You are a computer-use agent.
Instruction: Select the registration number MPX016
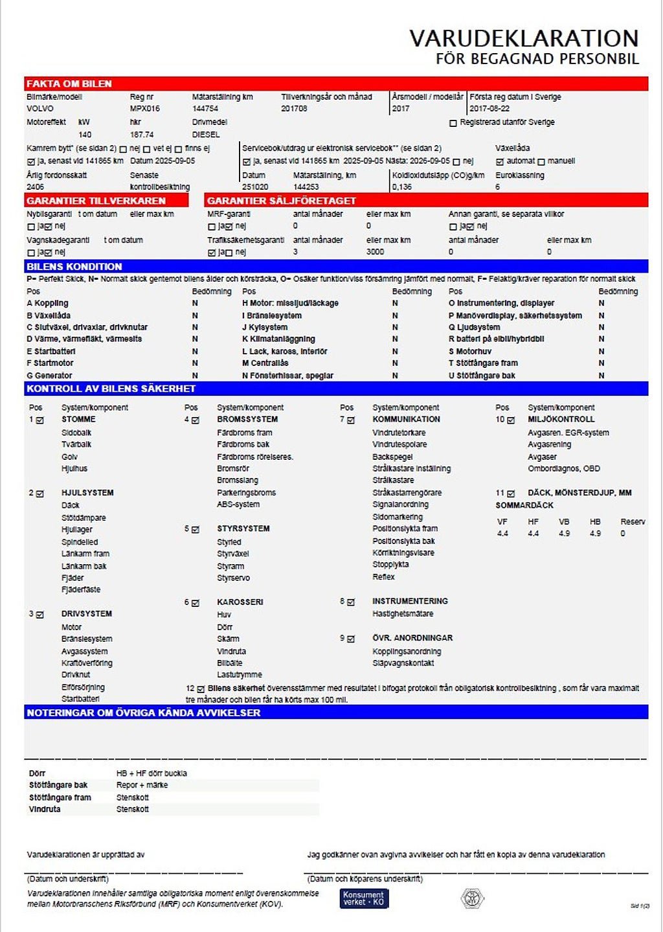point(144,109)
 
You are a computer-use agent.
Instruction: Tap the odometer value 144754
point(205,109)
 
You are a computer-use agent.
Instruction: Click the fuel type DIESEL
point(206,135)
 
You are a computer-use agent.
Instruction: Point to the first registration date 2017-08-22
point(489,109)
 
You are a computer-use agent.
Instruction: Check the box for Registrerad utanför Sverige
point(453,123)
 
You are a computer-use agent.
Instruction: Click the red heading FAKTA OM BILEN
point(69,84)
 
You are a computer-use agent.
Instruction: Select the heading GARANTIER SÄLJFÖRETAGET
point(282,201)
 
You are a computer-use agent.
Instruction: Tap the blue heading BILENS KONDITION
point(74,266)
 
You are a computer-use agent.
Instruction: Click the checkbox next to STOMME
point(40,420)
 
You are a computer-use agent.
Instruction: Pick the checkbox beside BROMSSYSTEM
point(196,420)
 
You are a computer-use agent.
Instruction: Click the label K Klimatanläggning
point(278,339)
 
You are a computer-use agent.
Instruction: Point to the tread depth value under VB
point(564,534)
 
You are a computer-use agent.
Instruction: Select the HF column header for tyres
point(533,521)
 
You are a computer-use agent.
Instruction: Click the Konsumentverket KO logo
point(364,898)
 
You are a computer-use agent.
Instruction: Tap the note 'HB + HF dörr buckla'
point(152,773)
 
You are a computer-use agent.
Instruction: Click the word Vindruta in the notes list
point(45,809)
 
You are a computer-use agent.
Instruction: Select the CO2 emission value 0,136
point(401,187)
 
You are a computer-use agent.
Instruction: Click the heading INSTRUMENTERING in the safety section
point(410,601)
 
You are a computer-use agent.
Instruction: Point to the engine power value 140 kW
point(85,135)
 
